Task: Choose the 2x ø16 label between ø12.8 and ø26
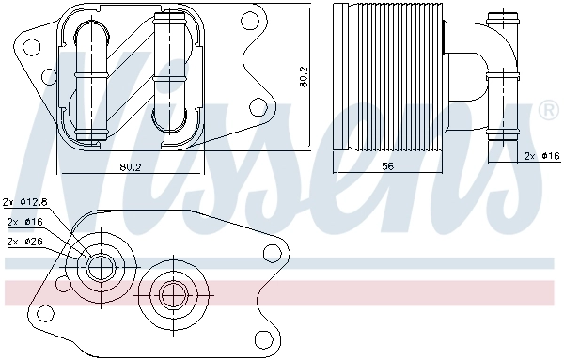(23, 222)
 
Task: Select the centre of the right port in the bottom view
(170, 295)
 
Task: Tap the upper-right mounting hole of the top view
(250, 19)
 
